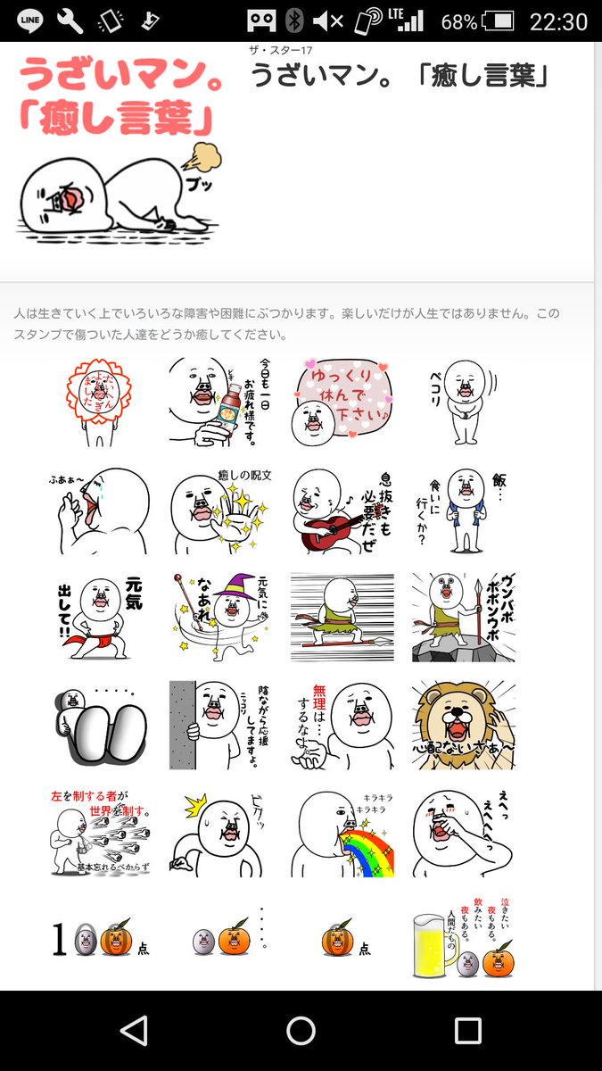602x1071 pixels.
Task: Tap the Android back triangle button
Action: tap(134, 1031)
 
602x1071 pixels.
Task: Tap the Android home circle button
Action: tap(301, 1031)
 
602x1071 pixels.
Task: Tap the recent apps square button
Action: tap(467, 1031)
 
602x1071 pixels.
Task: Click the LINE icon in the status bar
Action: tap(29, 20)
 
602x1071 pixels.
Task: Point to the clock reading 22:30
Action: tap(558, 21)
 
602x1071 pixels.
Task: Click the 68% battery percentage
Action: tap(458, 21)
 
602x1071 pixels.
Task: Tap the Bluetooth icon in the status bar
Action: tap(293, 21)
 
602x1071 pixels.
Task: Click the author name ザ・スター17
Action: tap(282, 50)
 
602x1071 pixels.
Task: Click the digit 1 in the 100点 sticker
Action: tap(59, 940)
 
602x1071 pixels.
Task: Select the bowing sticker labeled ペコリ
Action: tap(464, 402)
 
